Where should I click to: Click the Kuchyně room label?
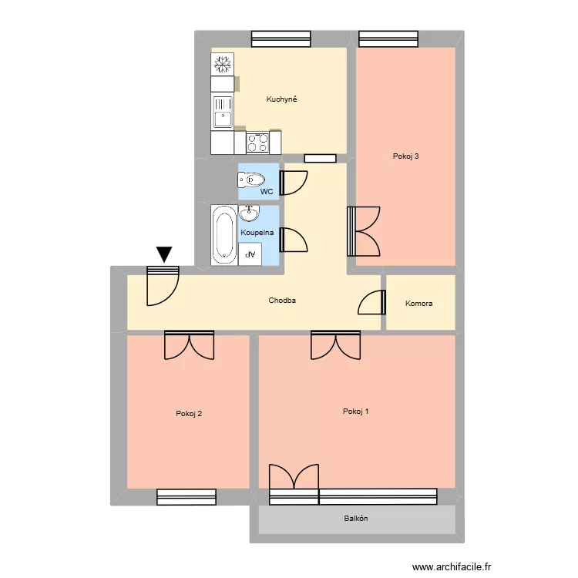[281, 99]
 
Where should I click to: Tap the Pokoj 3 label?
[405, 156]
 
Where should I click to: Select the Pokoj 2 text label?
[189, 414]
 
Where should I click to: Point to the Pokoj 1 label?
[355, 412]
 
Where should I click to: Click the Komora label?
[418, 304]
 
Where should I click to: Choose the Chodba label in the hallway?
[282, 301]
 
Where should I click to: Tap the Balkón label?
[355, 519]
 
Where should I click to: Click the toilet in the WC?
[251, 180]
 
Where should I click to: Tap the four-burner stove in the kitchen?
[257, 143]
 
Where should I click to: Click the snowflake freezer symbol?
[223, 63]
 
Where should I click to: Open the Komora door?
[373, 302]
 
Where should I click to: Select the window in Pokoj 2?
[186, 497]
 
